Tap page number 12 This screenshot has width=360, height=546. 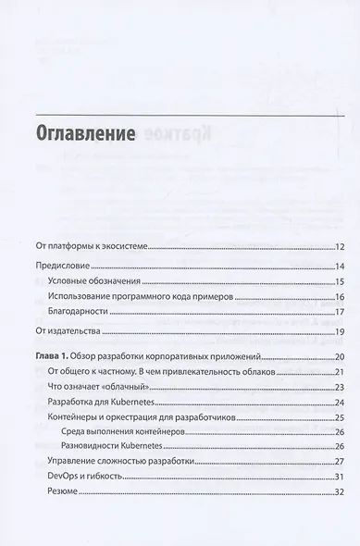pyautogui.click(x=340, y=247)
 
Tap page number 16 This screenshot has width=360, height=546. pyautogui.click(x=340, y=296)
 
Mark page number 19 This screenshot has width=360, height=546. pyautogui.click(x=340, y=330)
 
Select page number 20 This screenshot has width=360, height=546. pyautogui.click(x=340, y=356)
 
